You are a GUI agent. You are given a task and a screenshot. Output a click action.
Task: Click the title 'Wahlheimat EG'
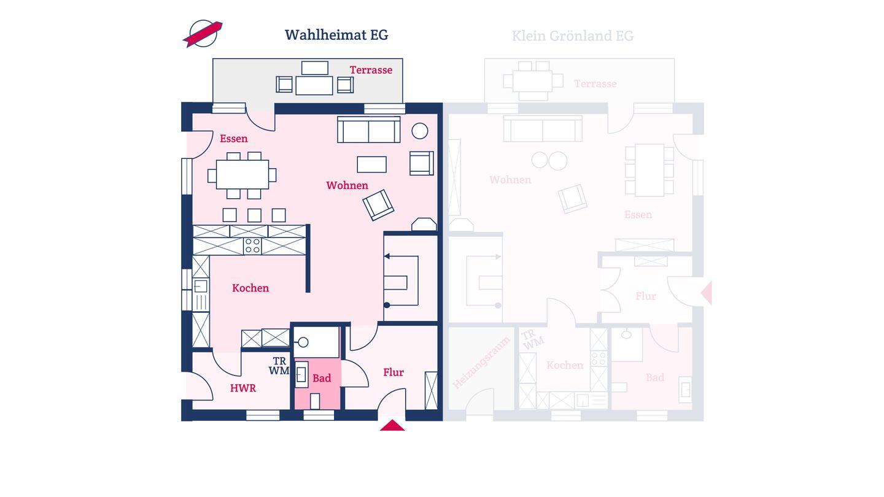click(x=336, y=35)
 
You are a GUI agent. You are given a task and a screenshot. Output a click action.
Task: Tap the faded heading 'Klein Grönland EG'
click(x=572, y=36)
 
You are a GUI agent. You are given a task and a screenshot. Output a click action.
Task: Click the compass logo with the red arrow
click(x=203, y=34)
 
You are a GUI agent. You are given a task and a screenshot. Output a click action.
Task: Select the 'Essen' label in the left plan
click(x=234, y=139)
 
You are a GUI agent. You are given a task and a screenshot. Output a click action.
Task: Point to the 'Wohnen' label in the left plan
click(x=347, y=185)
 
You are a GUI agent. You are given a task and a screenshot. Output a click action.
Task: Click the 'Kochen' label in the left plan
click(x=250, y=288)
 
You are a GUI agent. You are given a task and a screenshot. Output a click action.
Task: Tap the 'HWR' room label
click(x=243, y=388)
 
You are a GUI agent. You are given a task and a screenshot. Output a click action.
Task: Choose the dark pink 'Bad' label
click(x=322, y=378)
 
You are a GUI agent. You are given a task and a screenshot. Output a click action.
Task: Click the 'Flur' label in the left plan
click(x=394, y=372)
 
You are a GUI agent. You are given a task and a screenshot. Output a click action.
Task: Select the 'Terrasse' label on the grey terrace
click(x=371, y=70)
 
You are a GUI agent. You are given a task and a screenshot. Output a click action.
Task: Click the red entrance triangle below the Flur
click(x=392, y=425)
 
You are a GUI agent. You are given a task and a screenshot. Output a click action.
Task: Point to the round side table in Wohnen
click(x=420, y=131)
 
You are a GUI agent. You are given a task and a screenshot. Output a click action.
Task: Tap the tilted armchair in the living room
click(x=378, y=204)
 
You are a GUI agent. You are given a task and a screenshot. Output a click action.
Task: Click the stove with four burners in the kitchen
click(x=252, y=246)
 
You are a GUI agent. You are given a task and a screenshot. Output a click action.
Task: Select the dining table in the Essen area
click(x=242, y=175)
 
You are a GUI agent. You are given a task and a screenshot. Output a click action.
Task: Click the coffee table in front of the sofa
click(x=372, y=164)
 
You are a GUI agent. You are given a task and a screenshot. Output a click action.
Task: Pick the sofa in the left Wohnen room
click(x=368, y=129)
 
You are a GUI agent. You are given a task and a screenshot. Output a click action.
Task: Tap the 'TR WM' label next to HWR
click(x=279, y=366)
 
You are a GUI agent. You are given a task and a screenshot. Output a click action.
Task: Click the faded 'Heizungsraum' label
click(x=482, y=363)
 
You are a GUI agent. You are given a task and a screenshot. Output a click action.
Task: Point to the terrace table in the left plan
click(x=314, y=85)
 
